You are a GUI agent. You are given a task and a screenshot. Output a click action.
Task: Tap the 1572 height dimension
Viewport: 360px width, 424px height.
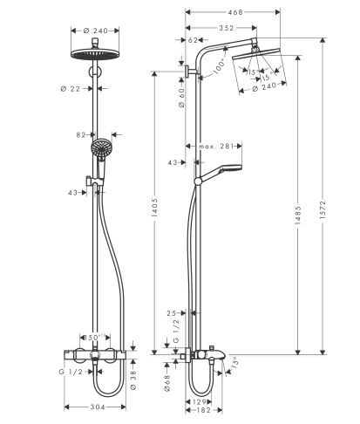[x=333, y=209]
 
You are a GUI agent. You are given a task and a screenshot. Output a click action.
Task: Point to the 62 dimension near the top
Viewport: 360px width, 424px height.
[x=193, y=40]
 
